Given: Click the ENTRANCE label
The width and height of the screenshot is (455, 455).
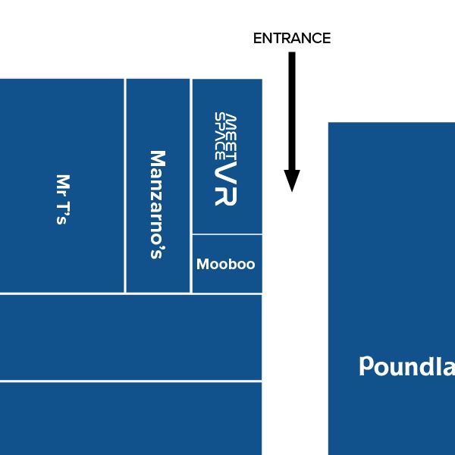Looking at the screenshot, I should point(292,39).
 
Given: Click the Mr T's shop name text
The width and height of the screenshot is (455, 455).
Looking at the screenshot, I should point(62,199).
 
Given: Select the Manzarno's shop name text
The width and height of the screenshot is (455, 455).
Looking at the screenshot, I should point(156,204).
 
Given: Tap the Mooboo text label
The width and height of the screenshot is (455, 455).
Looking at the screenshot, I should point(226,265).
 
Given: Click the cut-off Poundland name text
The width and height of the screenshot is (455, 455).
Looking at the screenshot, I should point(406,367).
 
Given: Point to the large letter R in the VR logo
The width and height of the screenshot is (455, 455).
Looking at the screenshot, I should point(226,195).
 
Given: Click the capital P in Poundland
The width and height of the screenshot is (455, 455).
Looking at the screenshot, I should point(366,367).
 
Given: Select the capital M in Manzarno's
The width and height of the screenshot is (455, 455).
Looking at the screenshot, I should point(157,158).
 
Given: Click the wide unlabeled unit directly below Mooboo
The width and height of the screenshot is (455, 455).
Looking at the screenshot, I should point(130,337).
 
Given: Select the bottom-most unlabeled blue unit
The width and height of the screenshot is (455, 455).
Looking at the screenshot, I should point(130,418).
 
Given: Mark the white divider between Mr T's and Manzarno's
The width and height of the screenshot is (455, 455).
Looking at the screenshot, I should point(125,186).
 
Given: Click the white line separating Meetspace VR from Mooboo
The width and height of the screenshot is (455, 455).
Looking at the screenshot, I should point(227,234).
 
